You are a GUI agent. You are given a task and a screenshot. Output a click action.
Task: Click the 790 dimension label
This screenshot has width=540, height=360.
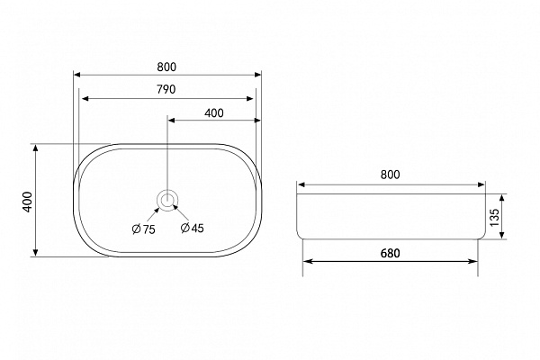166,89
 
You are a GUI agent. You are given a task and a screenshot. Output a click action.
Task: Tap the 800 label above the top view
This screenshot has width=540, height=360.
166,67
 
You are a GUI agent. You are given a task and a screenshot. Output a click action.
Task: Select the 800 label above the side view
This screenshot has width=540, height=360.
391,175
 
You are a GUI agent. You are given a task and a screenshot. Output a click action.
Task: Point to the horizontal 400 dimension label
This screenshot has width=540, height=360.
214,113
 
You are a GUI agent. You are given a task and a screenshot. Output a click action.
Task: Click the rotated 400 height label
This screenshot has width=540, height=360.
27,202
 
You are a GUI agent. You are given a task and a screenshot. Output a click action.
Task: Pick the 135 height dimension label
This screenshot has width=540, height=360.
494,217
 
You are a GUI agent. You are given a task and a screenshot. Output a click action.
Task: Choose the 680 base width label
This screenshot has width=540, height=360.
391,253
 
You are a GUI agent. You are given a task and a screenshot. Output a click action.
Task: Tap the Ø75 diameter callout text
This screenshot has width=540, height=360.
144,229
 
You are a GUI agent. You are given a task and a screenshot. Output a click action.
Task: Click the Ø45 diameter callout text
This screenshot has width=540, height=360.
193,228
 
